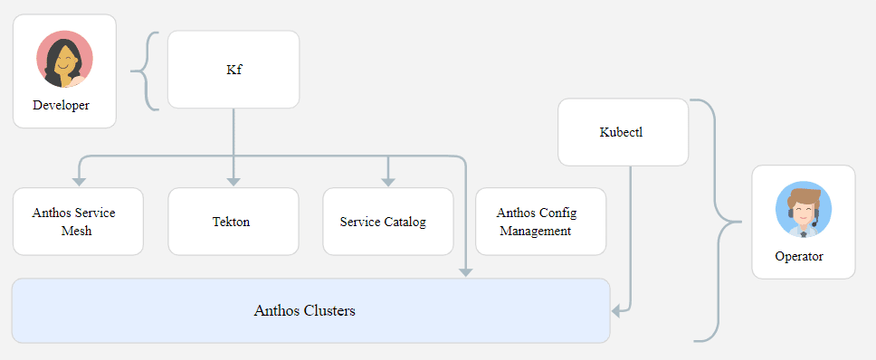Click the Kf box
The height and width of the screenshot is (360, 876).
coord(233,70)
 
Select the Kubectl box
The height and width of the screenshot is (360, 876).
coord(623,132)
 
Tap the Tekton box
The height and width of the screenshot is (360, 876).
coord(233,222)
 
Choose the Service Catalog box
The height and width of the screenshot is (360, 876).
coord(387,222)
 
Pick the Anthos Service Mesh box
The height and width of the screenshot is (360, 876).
coord(78,222)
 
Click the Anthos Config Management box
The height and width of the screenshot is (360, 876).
coord(539,222)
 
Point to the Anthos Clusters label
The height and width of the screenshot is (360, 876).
coord(304,311)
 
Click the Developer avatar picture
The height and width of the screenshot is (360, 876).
coord(64,59)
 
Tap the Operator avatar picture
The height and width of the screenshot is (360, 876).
coord(803,210)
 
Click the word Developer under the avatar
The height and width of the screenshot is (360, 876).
coord(61,105)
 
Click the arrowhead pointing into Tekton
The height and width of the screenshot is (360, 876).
coord(233,181)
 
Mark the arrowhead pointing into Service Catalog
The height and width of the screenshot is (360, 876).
coord(388,181)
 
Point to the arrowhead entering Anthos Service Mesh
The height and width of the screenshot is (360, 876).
coord(79,181)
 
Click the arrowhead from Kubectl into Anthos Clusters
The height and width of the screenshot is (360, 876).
coord(616,311)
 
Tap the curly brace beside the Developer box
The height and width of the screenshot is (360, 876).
coord(146,71)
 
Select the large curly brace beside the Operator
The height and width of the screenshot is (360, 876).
coord(720,221)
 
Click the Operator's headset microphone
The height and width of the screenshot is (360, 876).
coord(815,223)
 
